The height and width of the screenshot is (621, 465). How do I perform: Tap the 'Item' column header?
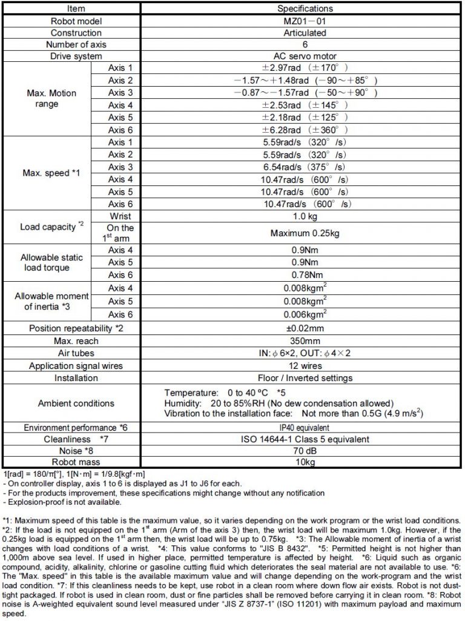72,8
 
